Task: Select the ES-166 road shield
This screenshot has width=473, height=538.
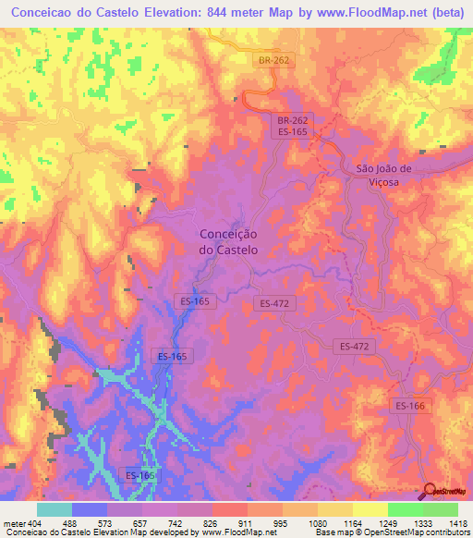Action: pyautogui.click(x=410, y=405)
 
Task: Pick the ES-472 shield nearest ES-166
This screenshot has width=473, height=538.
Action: pyautogui.click(x=352, y=346)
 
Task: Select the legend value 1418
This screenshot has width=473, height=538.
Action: pyautogui.click(x=456, y=523)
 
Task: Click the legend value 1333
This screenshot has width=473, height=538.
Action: pyautogui.click(x=421, y=523)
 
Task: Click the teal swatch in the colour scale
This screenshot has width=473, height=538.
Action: pyautogui.click(x=55, y=509)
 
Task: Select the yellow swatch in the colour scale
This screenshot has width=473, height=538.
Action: pyautogui.click(x=370, y=509)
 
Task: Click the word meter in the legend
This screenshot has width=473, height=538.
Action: pyautogui.click(x=14, y=523)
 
